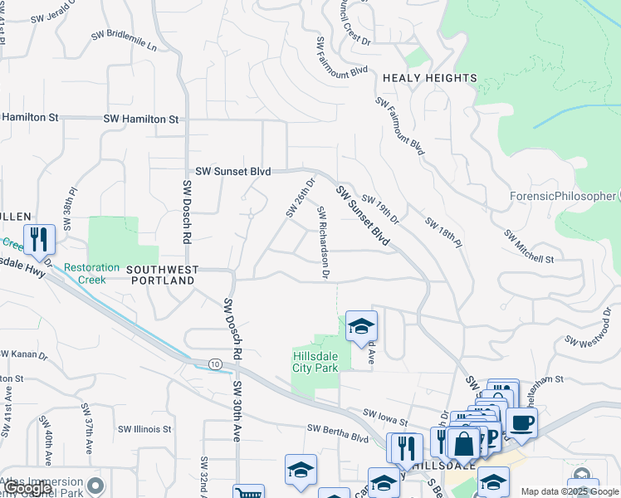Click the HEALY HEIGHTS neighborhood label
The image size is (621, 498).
pos(429,78)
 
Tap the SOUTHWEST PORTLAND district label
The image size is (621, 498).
pos(163,276)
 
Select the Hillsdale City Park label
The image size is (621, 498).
pos(315,362)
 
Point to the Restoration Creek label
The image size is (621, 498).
pos(86,274)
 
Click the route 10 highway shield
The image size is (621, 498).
pos(215,364)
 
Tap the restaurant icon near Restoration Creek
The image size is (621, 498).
pos(39,239)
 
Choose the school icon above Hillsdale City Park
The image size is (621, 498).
pos(362,327)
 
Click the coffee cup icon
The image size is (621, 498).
pos(521,422)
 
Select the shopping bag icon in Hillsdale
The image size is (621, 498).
pos(464,443)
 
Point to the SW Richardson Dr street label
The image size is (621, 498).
pos(323,242)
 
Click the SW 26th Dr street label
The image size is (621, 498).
pos(301,198)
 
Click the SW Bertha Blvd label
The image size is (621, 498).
pos(337,432)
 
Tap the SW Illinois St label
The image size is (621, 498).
pos(144,429)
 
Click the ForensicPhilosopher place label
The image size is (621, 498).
pos(562,196)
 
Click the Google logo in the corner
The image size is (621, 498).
pos(28,488)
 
